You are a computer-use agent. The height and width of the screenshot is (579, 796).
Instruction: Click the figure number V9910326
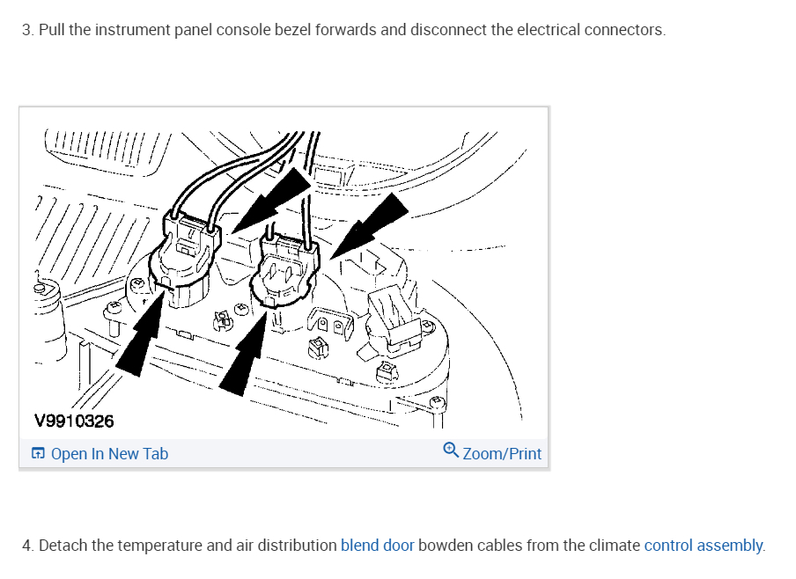click(74, 421)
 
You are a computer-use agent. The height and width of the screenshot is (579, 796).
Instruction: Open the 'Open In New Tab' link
click(109, 454)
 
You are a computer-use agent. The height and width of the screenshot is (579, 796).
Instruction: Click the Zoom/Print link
click(502, 454)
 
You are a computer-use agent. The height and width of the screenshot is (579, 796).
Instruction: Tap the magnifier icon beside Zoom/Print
click(451, 452)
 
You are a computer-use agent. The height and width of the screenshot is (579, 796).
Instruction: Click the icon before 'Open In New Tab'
click(38, 454)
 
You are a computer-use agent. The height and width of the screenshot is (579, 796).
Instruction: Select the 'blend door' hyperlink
click(377, 546)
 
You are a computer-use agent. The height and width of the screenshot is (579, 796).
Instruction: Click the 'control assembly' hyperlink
click(704, 546)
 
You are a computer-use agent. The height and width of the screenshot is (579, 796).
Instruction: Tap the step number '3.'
click(28, 30)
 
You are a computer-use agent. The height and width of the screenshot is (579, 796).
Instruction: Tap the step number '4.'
click(28, 546)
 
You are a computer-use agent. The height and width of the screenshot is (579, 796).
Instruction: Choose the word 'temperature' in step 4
click(144, 546)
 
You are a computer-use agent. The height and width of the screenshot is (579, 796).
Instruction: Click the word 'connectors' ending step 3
click(624, 30)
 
